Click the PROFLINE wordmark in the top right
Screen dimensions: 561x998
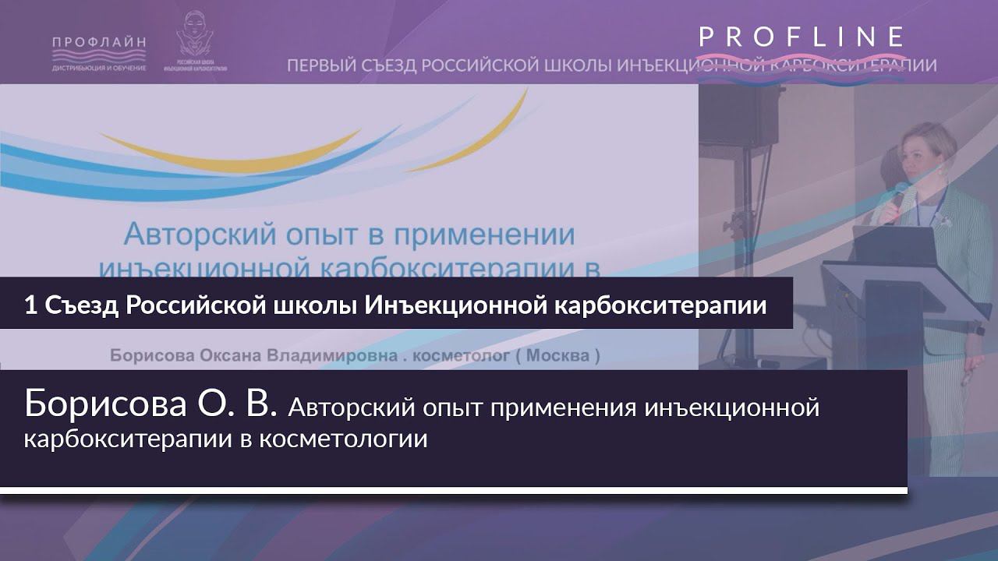pos(802,37)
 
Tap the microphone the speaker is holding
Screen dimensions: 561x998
pos(899,194)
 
